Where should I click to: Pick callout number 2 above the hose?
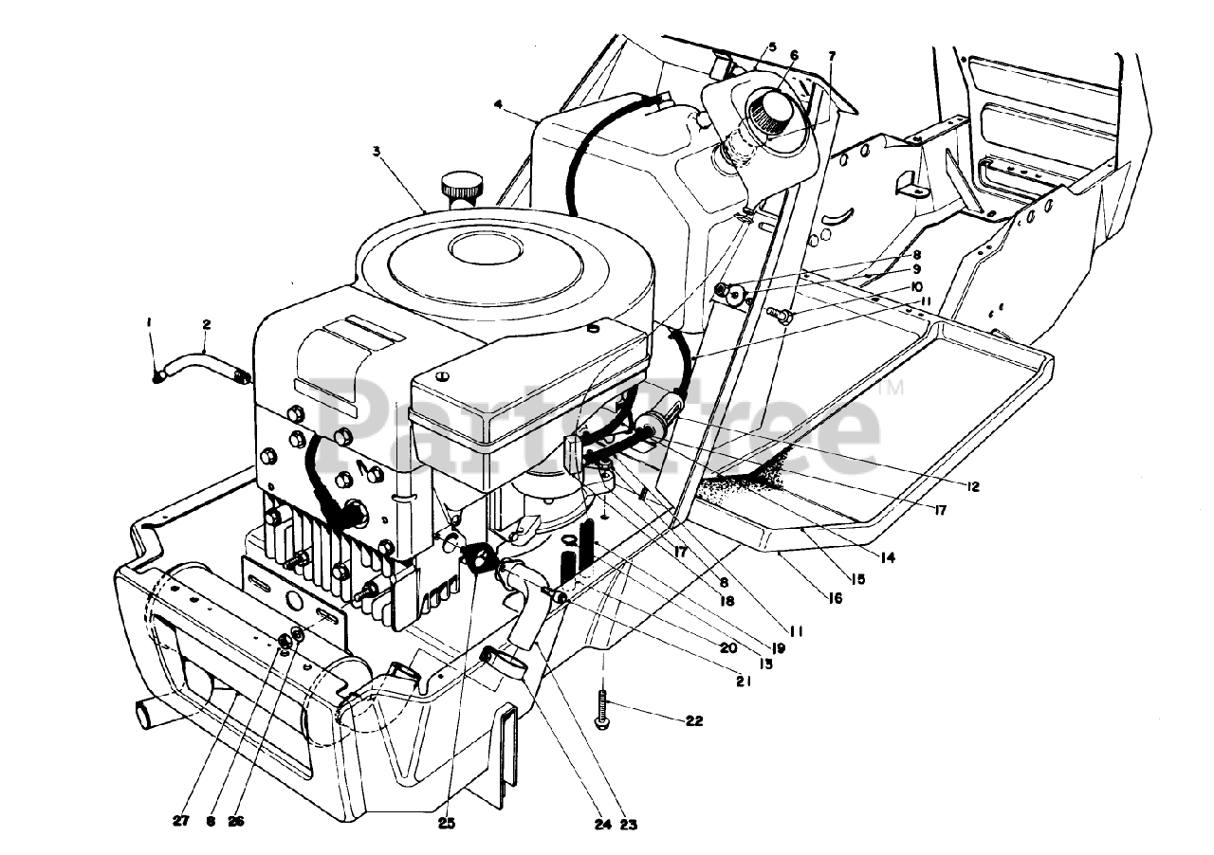207,324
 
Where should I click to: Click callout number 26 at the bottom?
236,823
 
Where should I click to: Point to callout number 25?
447,823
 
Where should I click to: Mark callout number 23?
628,825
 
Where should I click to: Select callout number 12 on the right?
972,486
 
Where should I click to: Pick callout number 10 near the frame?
890,286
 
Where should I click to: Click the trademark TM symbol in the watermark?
895,387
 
